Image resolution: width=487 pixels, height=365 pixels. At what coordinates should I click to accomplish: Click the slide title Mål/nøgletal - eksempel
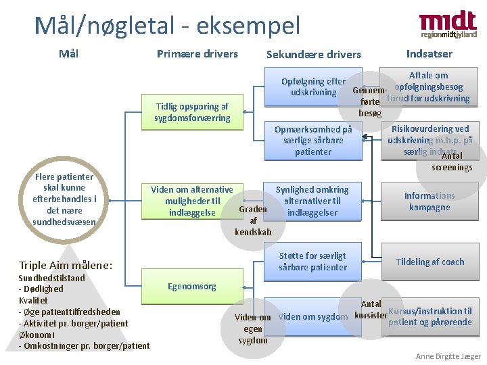pos(167,26)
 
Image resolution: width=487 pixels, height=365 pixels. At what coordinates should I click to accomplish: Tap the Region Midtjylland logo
pos(448,24)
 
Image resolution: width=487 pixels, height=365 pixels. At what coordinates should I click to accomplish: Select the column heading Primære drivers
pos(197,54)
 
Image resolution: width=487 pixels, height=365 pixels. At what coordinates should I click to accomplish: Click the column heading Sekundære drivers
pos(314,55)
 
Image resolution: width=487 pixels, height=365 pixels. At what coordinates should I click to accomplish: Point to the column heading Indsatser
pos(429,54)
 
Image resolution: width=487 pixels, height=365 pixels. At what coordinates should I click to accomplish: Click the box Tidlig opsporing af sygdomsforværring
pos(192,112)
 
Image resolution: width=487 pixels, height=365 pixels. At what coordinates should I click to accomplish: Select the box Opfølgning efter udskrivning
pos(312,87)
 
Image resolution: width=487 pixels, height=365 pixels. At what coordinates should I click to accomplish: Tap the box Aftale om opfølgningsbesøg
pos(428,87)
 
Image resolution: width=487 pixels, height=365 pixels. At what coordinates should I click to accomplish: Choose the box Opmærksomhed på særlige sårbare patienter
pos(312,141)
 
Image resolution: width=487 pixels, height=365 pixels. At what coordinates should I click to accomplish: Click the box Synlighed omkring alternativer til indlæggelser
pos(312,201)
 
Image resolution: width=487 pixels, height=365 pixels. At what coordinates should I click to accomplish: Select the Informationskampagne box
pos(430,201)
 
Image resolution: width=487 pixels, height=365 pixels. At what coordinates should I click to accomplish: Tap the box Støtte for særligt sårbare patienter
pos(312,262)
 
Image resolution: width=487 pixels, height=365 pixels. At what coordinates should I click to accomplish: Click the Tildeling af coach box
pos(430,262)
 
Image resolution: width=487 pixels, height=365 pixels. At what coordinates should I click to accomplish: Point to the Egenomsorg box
pos(192,287)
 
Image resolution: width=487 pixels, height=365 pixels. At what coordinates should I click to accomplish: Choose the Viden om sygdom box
pos(312,316)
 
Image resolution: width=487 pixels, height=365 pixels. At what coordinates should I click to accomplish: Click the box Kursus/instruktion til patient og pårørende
pos(430,316)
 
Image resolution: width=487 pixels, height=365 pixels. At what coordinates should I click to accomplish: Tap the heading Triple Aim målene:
pos(66,266)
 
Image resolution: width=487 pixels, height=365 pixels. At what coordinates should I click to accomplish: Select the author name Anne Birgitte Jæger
pos(448,356)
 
